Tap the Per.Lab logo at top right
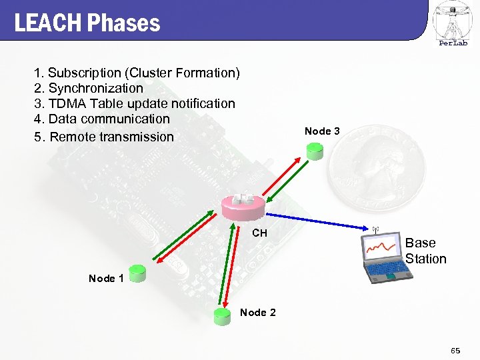tap(453, 24)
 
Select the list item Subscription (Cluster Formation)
tap(137, 72)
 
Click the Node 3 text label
tap(322, 131)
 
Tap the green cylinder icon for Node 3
tap(315, 151)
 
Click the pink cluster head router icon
tap(243, 206)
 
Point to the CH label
tap(259, 233)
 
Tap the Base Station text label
tap(425, 251)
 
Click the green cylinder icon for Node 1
tap(137, 272)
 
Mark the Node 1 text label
tap(106, 278)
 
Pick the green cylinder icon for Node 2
tap(221, 315)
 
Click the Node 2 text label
tap(257, 313)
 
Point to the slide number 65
tap(455, 350)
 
